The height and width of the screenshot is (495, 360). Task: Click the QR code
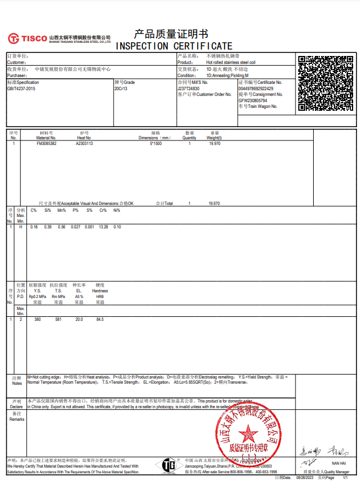(x=326, y=83)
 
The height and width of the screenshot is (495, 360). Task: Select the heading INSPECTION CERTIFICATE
(x=174, y=46)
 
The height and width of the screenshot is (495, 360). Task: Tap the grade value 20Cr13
(x=121, y=88)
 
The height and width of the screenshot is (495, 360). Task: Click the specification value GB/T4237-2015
(x=21, y=88)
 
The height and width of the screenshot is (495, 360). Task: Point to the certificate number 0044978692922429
(x=256, y=88)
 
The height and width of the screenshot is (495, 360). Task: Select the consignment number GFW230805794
(x=253, y=100)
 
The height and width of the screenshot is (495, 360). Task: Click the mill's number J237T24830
(x=189, y=88)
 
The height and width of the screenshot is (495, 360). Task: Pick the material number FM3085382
(x=46, y=144)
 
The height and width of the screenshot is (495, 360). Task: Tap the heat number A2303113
(x=85, y=144)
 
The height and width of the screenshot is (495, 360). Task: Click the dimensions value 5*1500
(x=156, y=144)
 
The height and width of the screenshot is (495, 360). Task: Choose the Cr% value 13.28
(x=103, y=227)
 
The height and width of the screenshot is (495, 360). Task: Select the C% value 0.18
(x=34, y=227)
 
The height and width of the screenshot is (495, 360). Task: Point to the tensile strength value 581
(x=58, y=319)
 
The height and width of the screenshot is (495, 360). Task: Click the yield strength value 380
(x=37, y=319)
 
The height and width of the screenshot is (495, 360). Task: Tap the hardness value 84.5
(x=100, y=319)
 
